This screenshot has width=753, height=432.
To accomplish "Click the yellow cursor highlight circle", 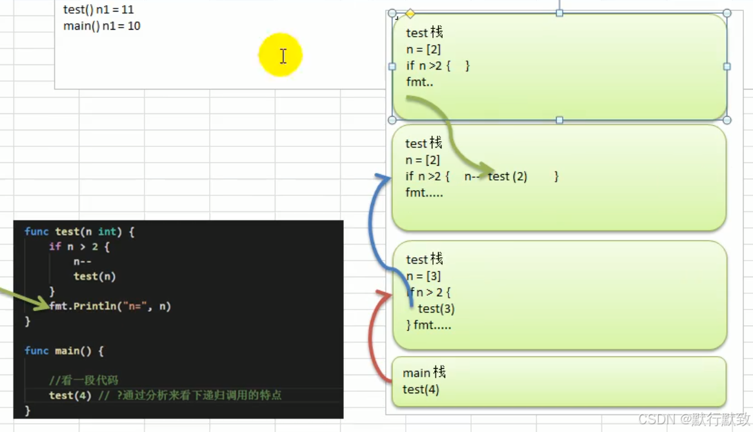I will point(280,55).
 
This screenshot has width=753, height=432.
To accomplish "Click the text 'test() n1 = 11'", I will point(99,10).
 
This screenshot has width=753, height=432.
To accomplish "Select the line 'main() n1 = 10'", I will point(102,26).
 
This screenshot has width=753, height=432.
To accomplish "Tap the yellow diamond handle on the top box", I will point(410,14).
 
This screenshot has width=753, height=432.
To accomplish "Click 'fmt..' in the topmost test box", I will point(419,82).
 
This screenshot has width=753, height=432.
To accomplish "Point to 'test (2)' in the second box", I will point(508,176).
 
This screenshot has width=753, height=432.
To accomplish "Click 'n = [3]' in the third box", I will point(424,276).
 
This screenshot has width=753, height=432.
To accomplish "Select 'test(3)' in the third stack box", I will point(436,309).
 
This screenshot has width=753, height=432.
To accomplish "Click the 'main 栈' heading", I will point(424,373).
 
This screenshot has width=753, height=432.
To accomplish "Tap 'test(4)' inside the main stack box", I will point(421,389).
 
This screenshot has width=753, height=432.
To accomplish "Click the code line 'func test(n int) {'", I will point(79,231).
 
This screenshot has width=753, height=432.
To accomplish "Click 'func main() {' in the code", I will point(64,351).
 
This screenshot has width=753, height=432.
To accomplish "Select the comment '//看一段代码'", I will point(83,380).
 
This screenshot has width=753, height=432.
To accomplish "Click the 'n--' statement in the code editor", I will point(83,261).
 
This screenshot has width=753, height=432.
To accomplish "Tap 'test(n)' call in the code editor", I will point(94,276).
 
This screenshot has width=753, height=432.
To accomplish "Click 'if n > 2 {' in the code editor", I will point(79,246).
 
